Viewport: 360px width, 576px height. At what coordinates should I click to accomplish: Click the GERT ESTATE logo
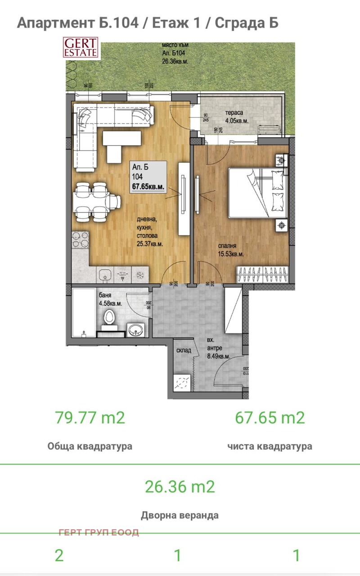81,48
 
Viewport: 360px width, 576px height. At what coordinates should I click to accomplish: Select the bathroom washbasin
136,329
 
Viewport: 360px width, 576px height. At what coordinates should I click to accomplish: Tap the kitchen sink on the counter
104,274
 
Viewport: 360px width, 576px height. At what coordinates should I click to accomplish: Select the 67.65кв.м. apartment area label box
148,176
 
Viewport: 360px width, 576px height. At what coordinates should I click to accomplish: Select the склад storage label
184,350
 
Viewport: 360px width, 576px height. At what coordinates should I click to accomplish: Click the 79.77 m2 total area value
90,418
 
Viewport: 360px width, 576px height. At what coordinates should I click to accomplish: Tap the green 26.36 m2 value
180,486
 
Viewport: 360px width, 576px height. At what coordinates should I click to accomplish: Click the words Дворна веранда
180,515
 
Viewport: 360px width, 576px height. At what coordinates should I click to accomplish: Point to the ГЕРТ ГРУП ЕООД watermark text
99,532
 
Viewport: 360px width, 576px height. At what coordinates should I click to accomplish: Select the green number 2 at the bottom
59,555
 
